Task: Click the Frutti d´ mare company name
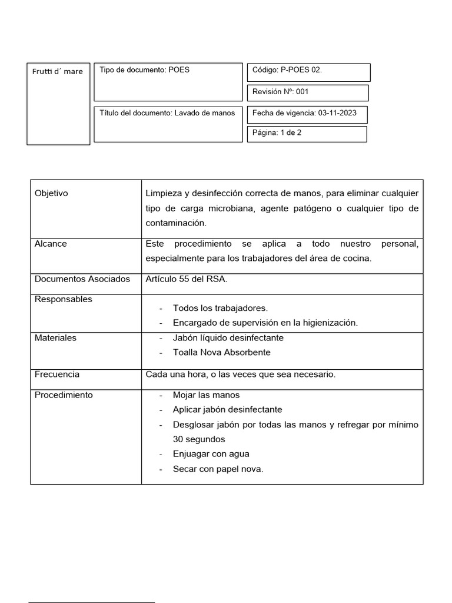pos(58,72)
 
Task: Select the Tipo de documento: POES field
pos(145,70)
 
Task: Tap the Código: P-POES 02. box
pos(287,70)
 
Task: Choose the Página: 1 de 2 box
pos(277,133)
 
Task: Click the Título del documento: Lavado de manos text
pos(167,113)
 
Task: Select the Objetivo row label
pos(52,193)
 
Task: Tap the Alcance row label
pos(51,244)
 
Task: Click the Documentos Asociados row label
pos(82,279)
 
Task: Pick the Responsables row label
pos(64,299)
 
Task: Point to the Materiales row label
pos(55,338)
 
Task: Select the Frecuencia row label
pos(57,375)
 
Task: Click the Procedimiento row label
pos(64,395)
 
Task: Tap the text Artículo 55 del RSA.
pos(187,279)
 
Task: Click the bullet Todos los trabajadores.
pos(220,308)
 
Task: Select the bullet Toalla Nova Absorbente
pos(222,352)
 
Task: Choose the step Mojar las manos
pos(206,395)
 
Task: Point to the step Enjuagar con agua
pos(211,454)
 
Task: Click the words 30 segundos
pos(199,439)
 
